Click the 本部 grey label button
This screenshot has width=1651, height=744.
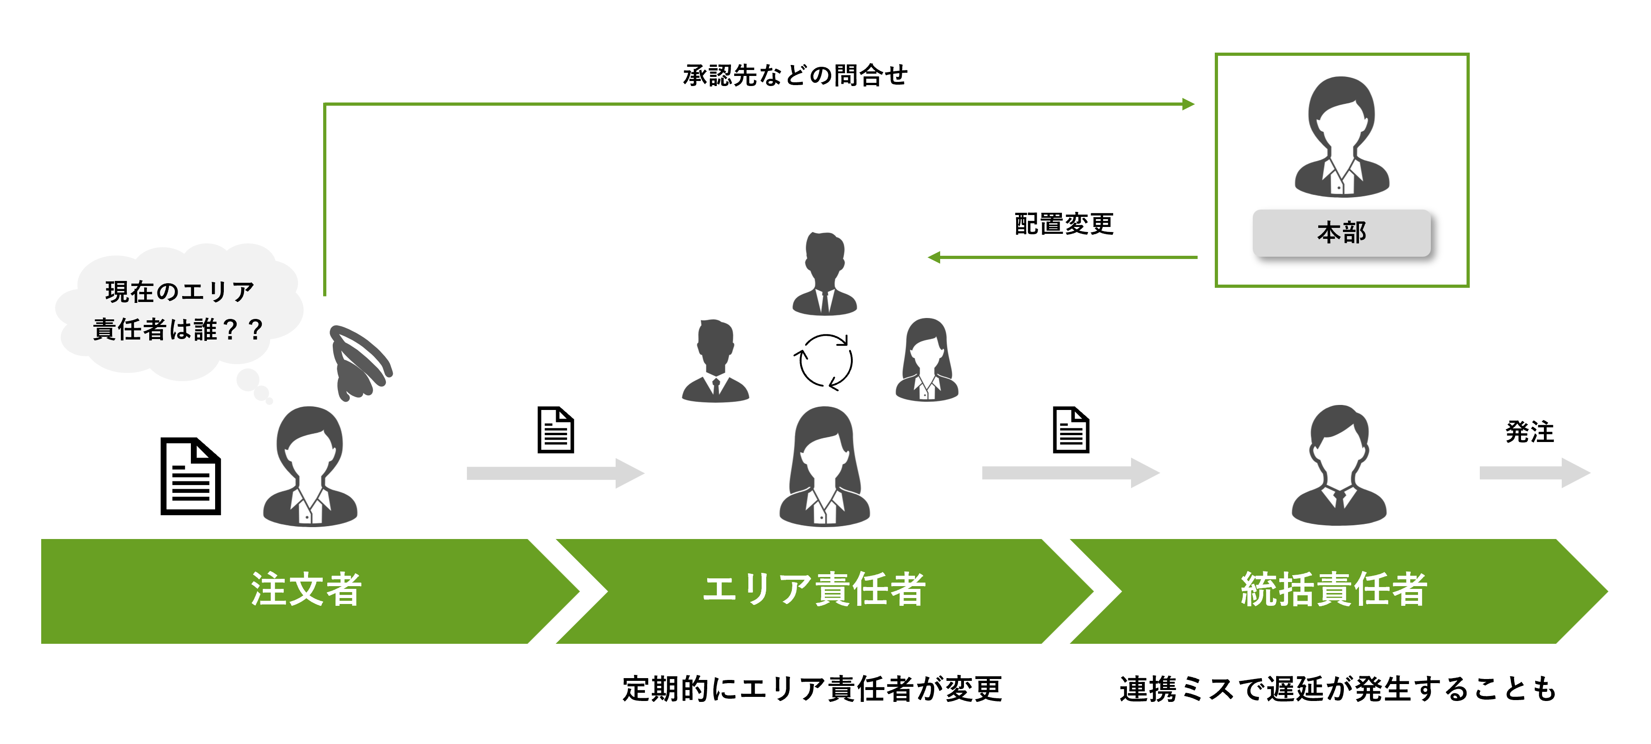(1342, 232)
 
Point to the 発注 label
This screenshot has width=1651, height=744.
(1529, 432)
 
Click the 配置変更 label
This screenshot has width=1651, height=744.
(1064, 224)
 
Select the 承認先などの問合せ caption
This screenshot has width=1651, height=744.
(795, 75)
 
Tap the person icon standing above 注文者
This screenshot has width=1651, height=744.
(310, 467)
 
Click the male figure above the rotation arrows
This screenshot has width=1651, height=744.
(825, 274)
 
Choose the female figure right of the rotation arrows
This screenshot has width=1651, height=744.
(926, 360)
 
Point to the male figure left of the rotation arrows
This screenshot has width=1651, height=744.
(715, 361)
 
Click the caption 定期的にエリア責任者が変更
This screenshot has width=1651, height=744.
(812, 690)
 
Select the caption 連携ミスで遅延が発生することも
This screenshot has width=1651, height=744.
(1337, 690)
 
